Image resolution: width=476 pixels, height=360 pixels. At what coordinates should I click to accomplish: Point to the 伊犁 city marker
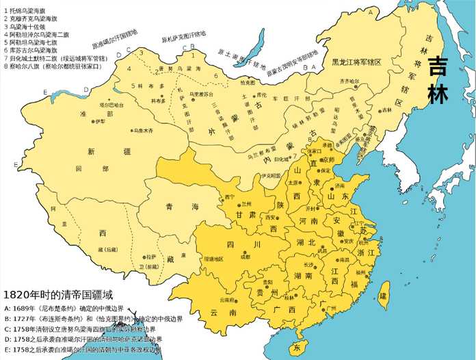click(x=94, y=121)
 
